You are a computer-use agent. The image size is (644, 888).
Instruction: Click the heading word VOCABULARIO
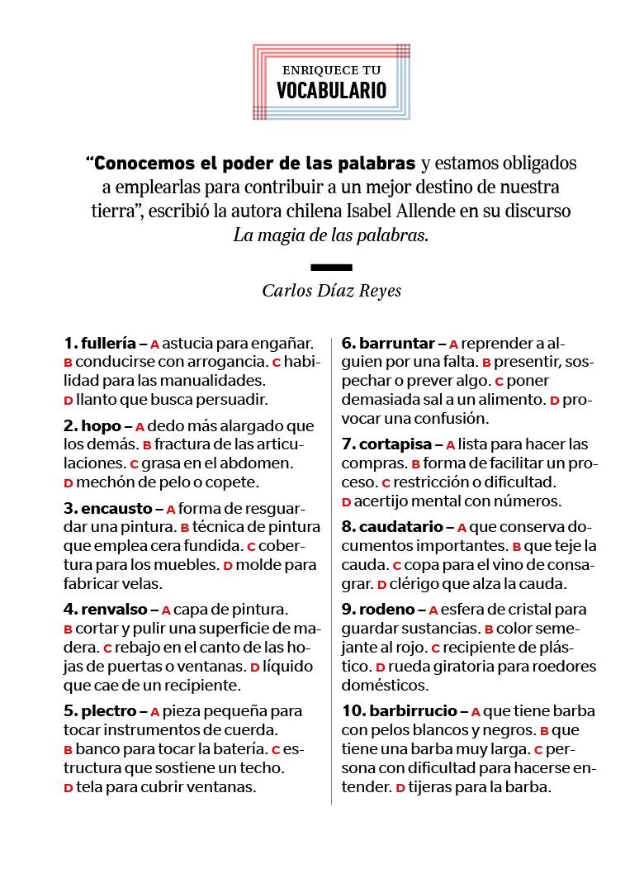(x=331, y=90)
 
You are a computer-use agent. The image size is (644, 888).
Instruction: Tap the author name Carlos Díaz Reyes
(x=331, y=290)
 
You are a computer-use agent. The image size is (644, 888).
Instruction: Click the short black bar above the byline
(x=331, y=267)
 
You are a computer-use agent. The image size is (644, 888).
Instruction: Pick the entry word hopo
(x=101, y=426)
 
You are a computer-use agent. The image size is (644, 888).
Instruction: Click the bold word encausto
(x=116, y=509)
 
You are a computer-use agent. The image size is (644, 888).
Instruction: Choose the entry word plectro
(x=109, y=710)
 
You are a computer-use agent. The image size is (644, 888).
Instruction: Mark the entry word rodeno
(x=386, y=610)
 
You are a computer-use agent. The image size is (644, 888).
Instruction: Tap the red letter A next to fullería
(x=154, y=344)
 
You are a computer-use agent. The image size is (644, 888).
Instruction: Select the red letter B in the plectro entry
(x=69, y=751)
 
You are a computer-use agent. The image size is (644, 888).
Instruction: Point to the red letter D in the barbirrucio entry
(x=400, y=789)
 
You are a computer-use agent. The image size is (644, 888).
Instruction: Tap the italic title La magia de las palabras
(x=331, y=234)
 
